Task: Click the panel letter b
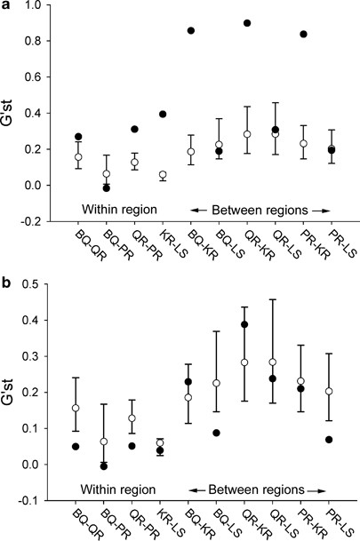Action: [7, 284]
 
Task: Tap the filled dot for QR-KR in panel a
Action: [247, 22]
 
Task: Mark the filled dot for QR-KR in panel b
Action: [247, 324]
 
